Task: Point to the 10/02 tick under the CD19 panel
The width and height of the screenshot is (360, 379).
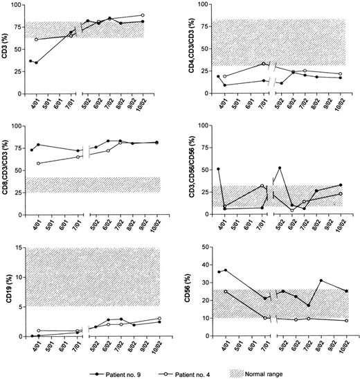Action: tap(159, 344)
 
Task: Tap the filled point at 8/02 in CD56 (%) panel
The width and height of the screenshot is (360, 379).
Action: tap(321, 281)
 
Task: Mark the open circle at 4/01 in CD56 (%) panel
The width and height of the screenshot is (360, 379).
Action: tap(226, 292)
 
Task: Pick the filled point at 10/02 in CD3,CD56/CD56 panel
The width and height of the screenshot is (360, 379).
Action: tap(340, 185)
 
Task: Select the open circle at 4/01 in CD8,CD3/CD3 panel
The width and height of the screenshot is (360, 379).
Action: tap(37, 164)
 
